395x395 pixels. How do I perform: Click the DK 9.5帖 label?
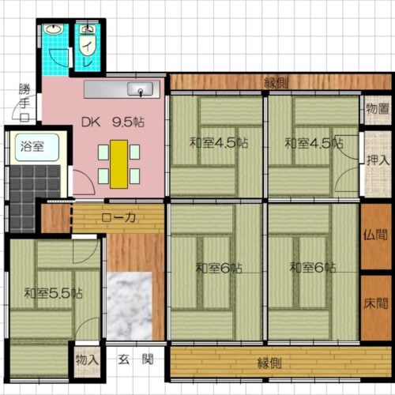[x=113, y=122]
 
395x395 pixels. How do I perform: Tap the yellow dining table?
[x=118, y=164]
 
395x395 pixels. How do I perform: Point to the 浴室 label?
[x=32, y=146]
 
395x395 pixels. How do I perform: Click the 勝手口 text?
[x=24, y=100]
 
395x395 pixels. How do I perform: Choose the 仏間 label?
[x=377, y=235]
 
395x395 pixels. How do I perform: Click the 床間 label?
[x=377, y=302]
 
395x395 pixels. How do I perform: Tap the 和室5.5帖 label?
[x=53, y=293]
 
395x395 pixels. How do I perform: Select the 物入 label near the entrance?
[x=87, y=360]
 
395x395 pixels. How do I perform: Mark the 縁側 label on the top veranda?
[x=276, y=82]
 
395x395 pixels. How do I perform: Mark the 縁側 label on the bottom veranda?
[x=269, y=363]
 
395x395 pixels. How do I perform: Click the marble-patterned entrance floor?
[x=129, y=304]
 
